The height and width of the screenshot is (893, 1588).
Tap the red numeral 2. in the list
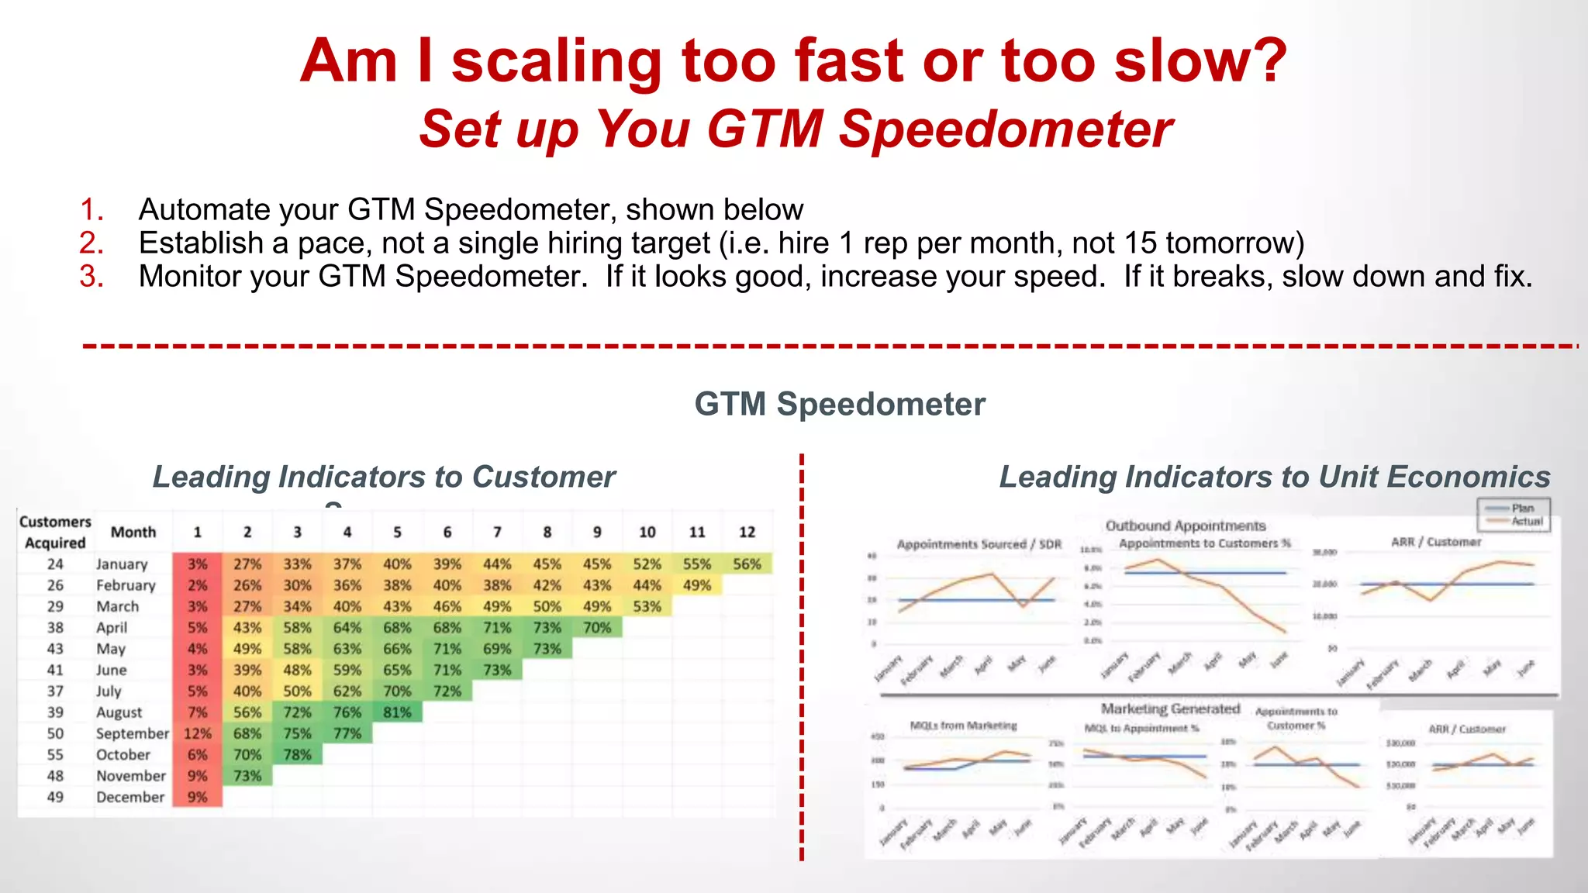tap(91, 243)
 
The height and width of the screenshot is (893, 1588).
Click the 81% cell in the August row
tap(397, 712)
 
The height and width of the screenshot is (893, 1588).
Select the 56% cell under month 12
tap(747, 564)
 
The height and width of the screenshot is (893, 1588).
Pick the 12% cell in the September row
tap(197, 733)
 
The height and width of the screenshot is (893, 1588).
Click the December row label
tap(130, 797)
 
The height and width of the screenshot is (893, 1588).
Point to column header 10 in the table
tap(647, 533)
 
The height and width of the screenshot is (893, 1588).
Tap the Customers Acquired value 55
tap(55, 754)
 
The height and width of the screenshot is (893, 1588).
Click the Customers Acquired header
tap(55, 533)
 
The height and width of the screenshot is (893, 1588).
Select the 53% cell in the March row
tap(647, 606)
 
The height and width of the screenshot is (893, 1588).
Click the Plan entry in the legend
tap(1522, 509)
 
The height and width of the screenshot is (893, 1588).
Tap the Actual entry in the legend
tap(1526, 522)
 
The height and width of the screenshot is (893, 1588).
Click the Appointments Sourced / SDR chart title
tap(979, 544)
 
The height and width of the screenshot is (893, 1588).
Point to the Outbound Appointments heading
tap(1185, 526)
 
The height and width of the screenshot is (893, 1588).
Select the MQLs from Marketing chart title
tap(963, 726)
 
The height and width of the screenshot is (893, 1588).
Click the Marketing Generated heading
tap(1170, 709)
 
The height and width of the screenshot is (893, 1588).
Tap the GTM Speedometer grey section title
tap(840, 404)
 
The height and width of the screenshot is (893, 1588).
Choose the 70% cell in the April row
tap(597, 628)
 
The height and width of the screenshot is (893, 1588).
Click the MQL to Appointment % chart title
tap(1141, 728)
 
